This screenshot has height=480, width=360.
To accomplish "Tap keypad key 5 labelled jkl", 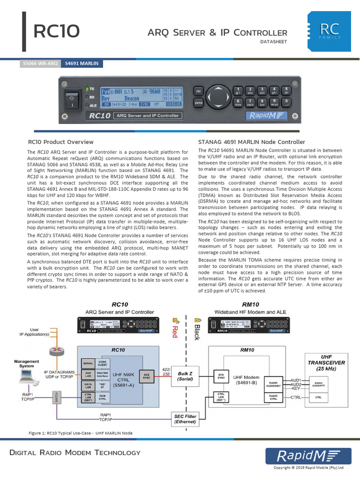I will [x=286, y=90].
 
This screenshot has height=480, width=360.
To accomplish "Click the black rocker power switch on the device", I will [x=71, y=99].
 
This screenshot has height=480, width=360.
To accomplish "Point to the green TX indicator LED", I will [x=87, y=89].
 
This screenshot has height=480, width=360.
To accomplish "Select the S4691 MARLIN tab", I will [x=82, y=64].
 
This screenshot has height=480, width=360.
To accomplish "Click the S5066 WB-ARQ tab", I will [x=40, y=64].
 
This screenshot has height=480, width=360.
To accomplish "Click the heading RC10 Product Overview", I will [x=60, y=142].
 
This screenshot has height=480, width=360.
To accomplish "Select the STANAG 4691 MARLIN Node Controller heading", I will [x=252, y=142].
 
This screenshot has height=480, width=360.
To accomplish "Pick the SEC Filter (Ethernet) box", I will [x=185, y=419].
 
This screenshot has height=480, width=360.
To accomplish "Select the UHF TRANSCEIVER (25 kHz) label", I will [x=327, y=362].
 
